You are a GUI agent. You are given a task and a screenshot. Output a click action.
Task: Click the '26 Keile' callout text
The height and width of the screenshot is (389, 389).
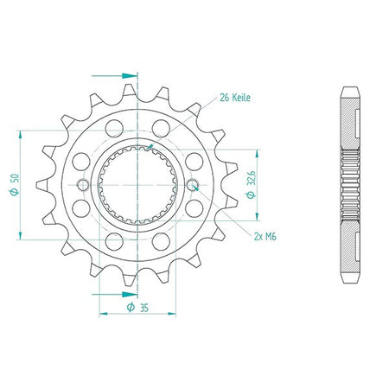235,98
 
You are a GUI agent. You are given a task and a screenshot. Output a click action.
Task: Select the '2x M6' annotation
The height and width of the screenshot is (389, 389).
265,237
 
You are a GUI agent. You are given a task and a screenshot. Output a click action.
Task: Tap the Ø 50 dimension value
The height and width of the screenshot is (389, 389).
15,184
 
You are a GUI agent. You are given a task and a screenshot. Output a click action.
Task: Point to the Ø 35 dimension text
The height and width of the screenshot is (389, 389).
137,307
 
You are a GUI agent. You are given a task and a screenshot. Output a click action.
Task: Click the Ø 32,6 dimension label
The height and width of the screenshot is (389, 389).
251,184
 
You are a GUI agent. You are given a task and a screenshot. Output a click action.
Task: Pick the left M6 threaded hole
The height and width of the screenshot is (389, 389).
83,185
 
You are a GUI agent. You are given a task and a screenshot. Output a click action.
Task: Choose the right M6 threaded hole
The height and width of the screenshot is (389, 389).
193,185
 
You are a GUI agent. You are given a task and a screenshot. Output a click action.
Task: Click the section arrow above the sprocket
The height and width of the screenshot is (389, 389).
115,76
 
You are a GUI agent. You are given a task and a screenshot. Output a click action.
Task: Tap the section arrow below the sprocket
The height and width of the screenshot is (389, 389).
115,295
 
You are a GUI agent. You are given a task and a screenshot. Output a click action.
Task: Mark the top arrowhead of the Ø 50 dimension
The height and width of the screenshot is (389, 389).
20,135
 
